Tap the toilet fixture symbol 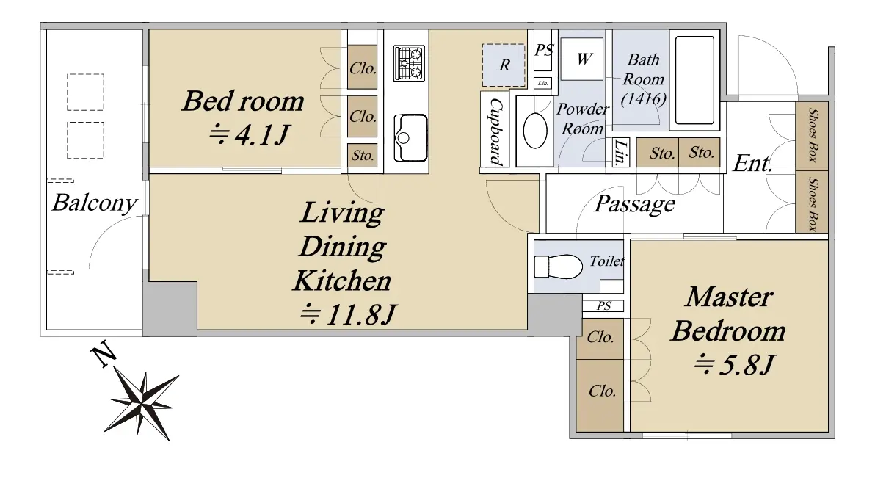coord(558,267)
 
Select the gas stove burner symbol coord(408,64)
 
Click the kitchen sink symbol coord(410,137)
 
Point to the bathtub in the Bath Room coord(694,80)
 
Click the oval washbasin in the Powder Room coord(534,131)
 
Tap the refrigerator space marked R coord(504,65)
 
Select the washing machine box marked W coord(582,59)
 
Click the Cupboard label coord(495,131)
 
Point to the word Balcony coord(94,203)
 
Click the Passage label coord(634,204)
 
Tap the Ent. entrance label coord(752,164)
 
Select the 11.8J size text coord(348,315)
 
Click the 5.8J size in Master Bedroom coord(734,366)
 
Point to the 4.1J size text coord(250,134)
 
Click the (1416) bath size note coord(644,99)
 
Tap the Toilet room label coord(607,261)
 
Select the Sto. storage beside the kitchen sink coord(362,155)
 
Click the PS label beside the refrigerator coord(543,50)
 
